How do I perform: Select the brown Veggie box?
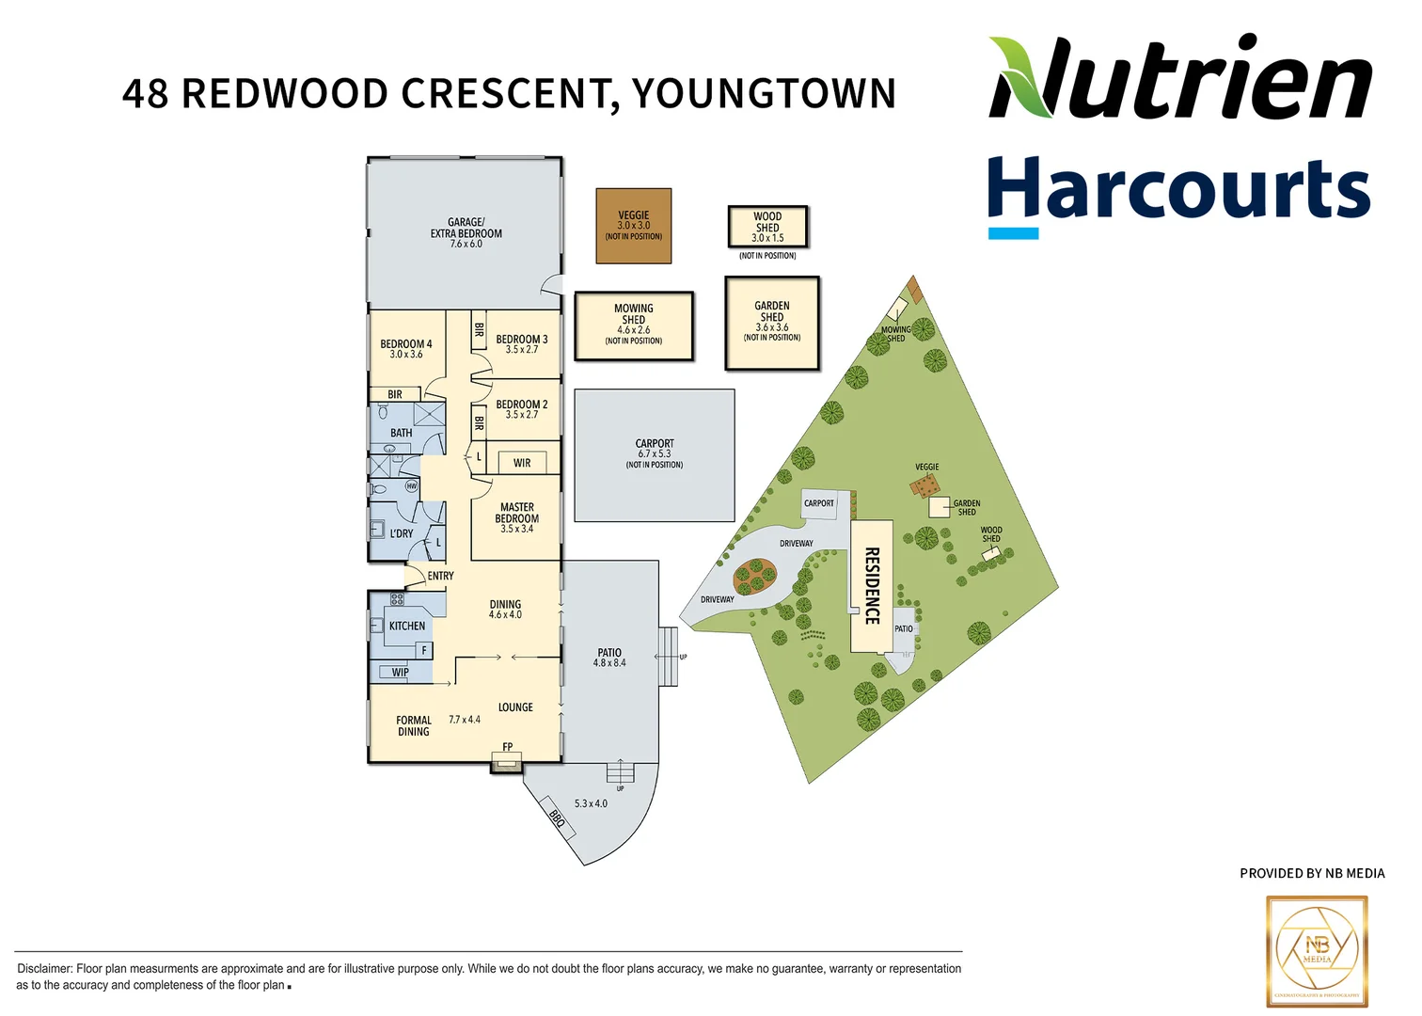pyautogui.click(x=633, y=226)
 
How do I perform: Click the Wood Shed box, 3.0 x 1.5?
pyautogui.click(x=767, y=227)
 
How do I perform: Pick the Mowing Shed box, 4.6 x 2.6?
pyautogui.click(x=633, y=325)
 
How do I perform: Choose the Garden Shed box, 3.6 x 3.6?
pyautogui.click(x=771, y=322)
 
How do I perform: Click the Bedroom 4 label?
pyautogui.click(x=405, y=348)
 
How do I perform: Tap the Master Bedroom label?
pyautogui.click(x=516, y=517)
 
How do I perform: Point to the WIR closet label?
pyautogui.click(x=522, y=463)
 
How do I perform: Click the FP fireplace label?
pyautogui.click(x=508, y=747)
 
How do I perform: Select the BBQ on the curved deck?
pyautogui.click(x=558, y=819)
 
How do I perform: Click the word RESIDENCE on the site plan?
pyautogui.click(x=872, y=585)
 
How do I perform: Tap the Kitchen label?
pyautogui.click(x=407, y=626)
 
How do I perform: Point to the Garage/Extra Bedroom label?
pyautogui.click(x=466, y=232)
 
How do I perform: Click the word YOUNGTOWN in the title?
pyautogui.click(x=764, y=94)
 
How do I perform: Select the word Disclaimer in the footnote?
pyautogui.click(x=44, y=968)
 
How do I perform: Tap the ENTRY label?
pyautogui.click(x=440, y=576)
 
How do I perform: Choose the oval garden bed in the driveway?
pyautogui.click(x=754, y=575)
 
